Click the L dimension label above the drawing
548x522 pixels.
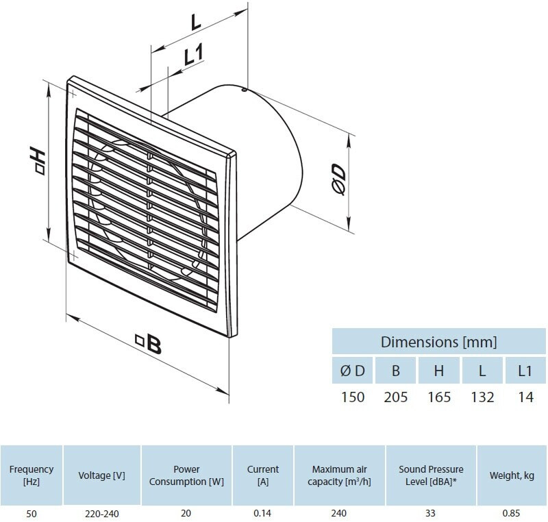[196, 23]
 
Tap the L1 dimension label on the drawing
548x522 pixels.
[194, 55]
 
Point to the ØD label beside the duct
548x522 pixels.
[338, 179]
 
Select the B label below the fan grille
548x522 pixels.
[149, 343]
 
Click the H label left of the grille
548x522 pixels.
[37, 161]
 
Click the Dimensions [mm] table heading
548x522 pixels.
[438, 342]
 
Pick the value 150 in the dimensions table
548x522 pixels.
[353, 397]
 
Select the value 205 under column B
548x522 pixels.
[396, 397]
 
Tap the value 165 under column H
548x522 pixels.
[439, 397]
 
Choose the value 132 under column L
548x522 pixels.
[482, 397]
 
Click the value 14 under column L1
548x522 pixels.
[525, 397]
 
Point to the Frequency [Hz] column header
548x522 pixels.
[32, 475]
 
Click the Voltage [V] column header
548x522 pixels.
[101, 475]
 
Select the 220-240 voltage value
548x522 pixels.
[101, 514]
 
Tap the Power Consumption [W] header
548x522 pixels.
[186, 475]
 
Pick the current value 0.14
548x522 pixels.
[262, 513]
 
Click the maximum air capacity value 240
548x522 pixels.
[339, 513]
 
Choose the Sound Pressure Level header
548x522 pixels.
[431, 475]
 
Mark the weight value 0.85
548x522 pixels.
[511, 513]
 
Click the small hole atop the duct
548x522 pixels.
[244, 90]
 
